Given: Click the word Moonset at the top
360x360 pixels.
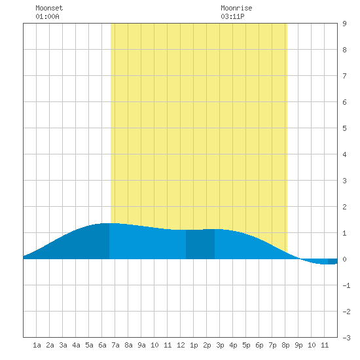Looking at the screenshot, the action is click(49, 8).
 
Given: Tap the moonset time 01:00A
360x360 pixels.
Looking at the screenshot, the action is click(47, 16).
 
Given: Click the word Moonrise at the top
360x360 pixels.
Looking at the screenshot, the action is click(236, 8).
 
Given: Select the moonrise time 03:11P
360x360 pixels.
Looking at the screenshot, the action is click(232, 16).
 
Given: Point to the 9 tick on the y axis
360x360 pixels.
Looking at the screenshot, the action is click(344, 24).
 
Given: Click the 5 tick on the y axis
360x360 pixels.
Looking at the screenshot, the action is click(344, 128).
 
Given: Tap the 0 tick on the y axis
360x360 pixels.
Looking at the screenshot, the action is click(344, 259).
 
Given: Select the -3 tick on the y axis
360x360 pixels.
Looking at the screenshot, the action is click(346, 338).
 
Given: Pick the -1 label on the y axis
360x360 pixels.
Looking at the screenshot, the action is click(346, 285).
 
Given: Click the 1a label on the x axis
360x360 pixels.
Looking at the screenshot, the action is click(37, 345).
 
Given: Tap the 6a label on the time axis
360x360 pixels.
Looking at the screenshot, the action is click(102, 345).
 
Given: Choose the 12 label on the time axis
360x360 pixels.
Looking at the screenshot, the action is click(181, 345).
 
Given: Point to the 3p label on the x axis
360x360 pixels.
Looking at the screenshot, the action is click(220, 345).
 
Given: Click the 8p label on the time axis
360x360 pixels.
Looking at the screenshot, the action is click(285, 345).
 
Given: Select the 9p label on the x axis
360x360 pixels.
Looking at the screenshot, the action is click(298, 345).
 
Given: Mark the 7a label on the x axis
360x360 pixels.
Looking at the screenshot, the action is click(115, 345).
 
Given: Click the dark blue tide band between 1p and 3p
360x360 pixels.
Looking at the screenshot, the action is click(200, 244).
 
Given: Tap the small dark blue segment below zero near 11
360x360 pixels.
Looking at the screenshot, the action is click(333, 262).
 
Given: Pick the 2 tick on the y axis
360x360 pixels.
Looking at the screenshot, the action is click(344, 207).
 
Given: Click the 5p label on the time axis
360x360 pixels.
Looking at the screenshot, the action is click(246, 345).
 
